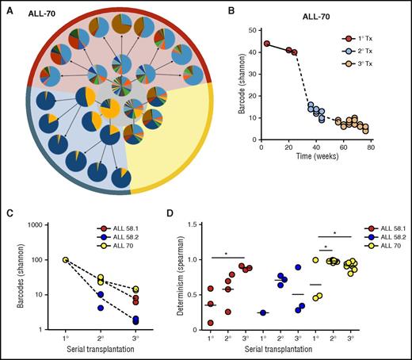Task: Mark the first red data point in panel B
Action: pyautogui.click(x=267, y=44)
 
